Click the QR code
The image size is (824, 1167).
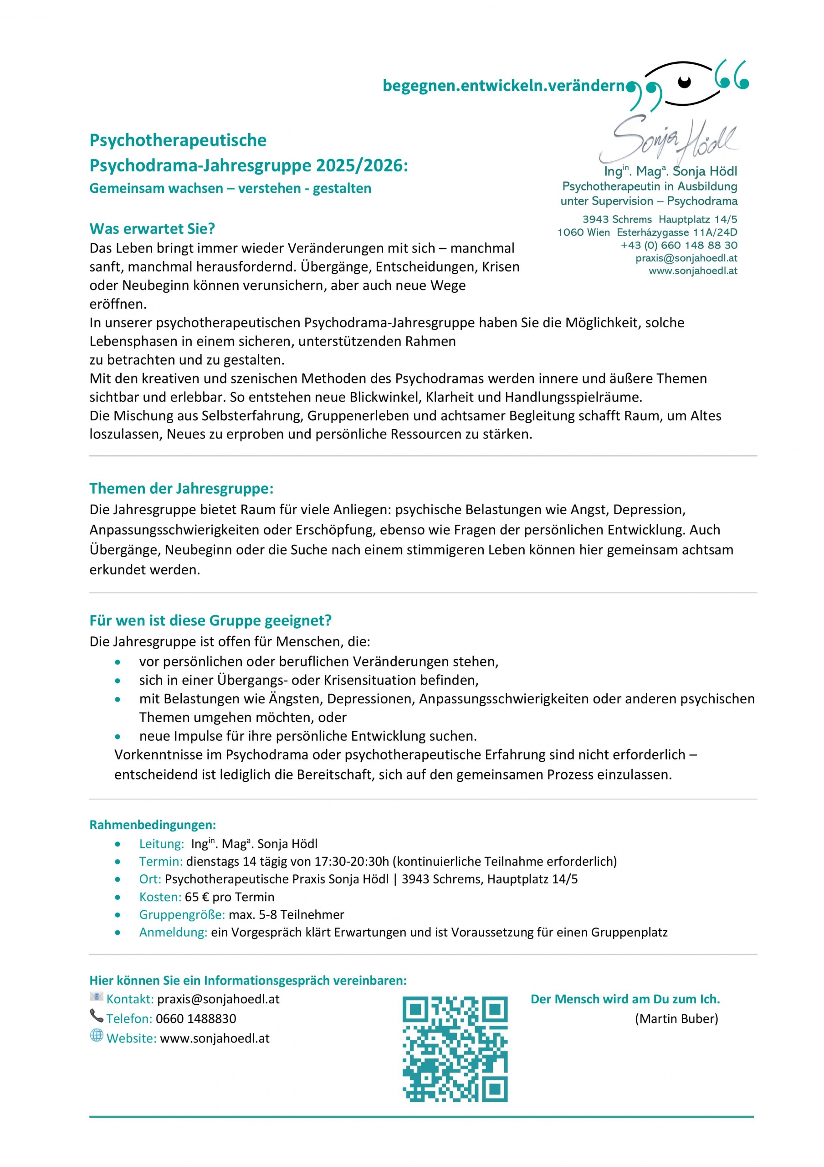(x=455, y=1048)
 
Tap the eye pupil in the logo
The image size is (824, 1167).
(x=684, y=81)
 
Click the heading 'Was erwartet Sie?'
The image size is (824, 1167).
(x=152, y=229)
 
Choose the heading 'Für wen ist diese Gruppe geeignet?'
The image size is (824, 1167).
(x=210, y=620)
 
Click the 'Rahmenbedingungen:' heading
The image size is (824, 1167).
(x=153, y=825)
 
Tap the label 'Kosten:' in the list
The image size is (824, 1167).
(x=160, y=897)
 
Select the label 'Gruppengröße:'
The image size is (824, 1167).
(x=182, y=914)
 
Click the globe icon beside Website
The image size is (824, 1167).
(x=97, y=1035)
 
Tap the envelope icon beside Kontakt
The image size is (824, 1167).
(x=96, y=996)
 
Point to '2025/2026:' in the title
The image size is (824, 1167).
(x=362, y=165)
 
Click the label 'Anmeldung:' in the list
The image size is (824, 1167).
(x=173, y=932)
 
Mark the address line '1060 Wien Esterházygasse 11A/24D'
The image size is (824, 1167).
(x=647, y=232)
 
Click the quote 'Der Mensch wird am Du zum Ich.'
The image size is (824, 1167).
(x=625, y=999)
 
